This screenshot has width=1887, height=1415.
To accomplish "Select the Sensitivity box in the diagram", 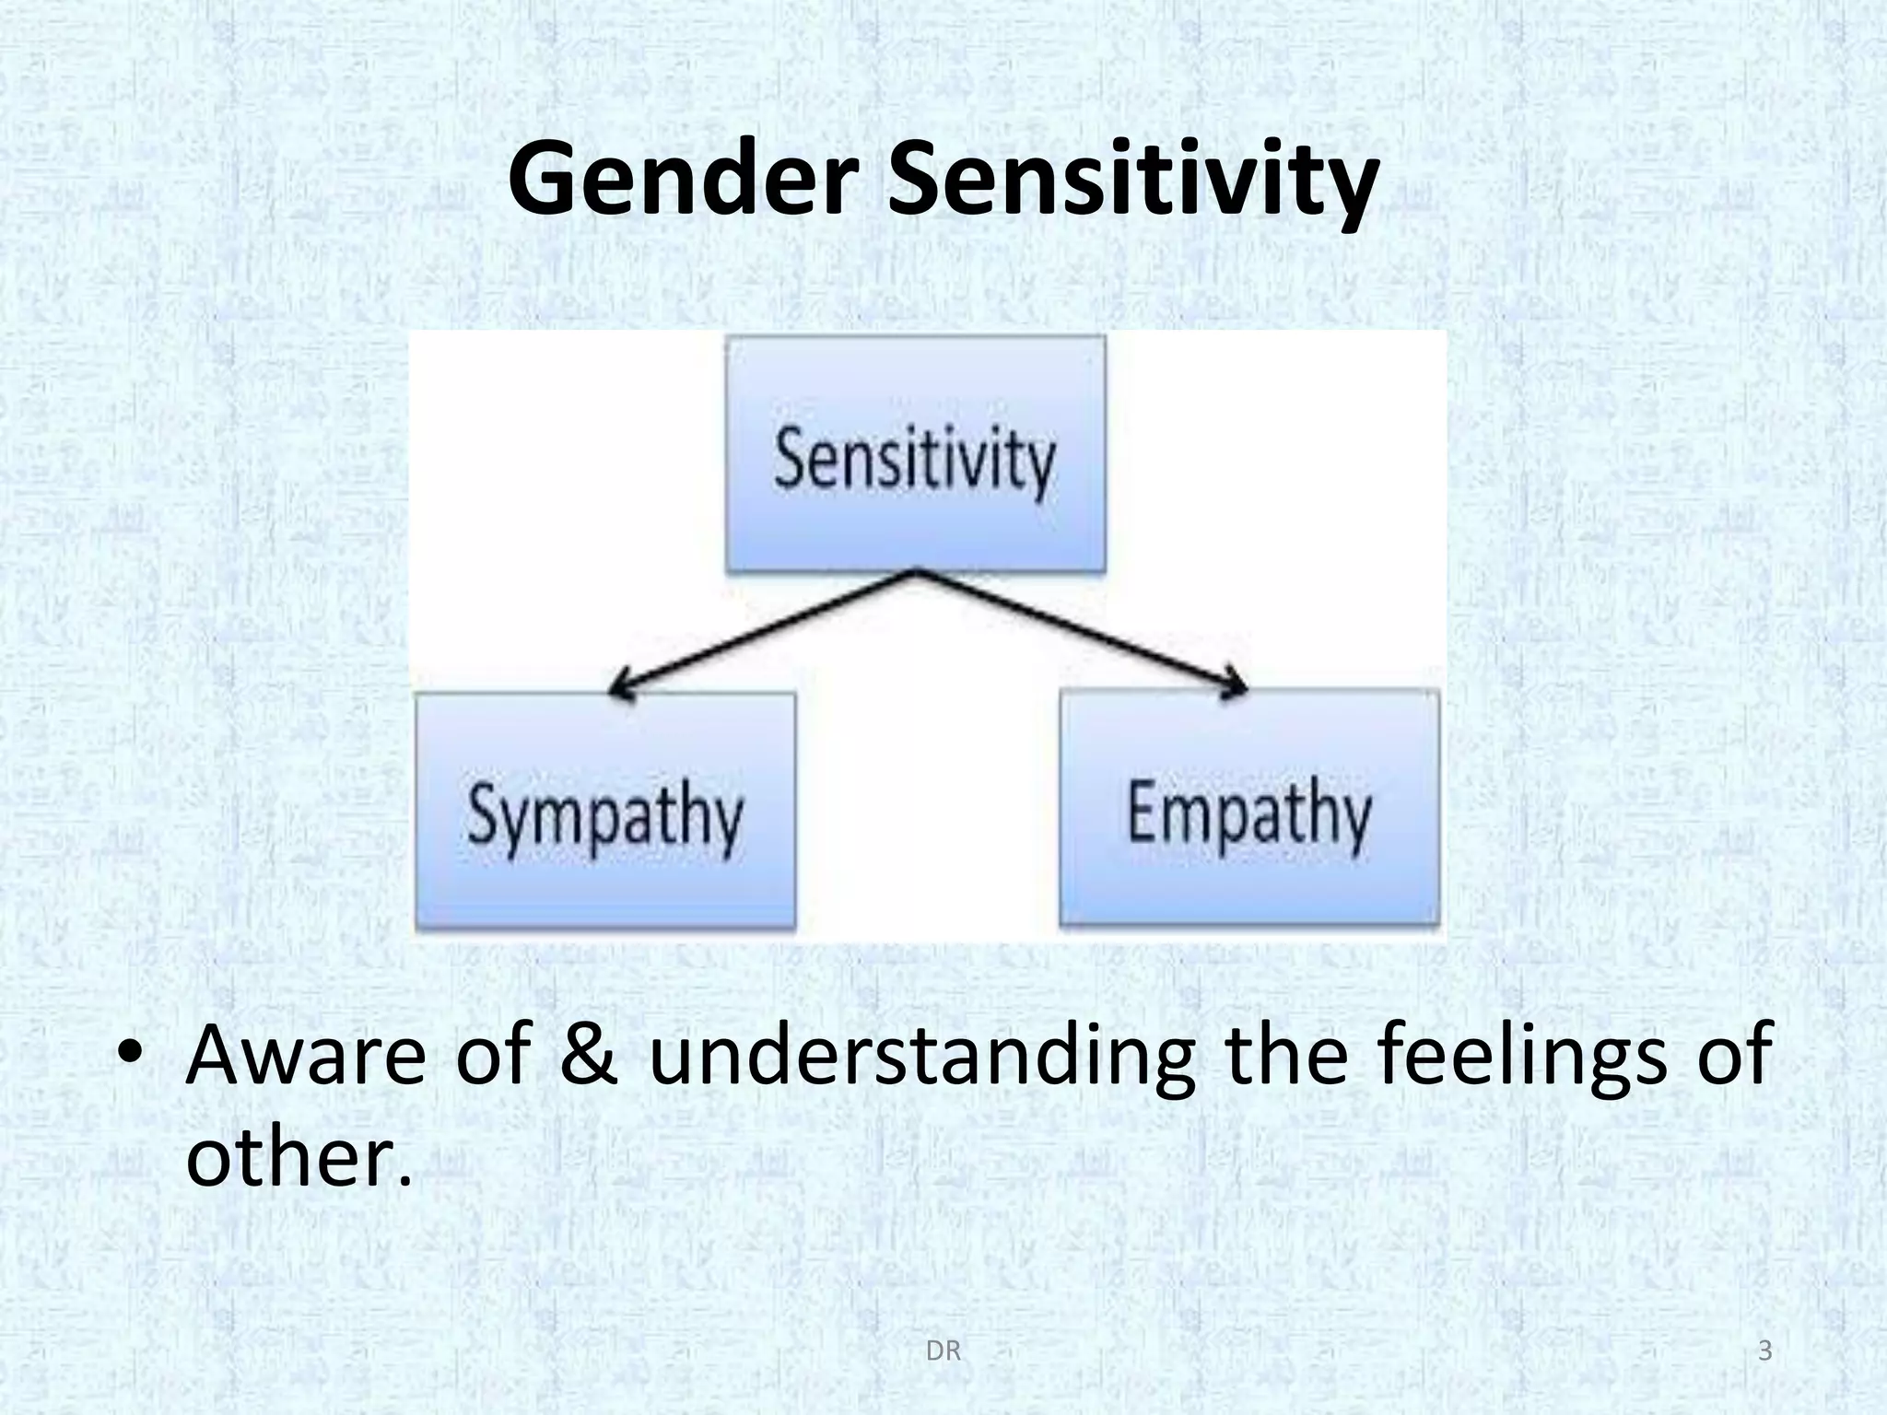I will click(916, 455).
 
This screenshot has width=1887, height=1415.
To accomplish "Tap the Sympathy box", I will click(605, 812).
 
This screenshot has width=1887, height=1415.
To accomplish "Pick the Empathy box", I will click(1249, 808).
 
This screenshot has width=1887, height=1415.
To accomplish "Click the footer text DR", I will click(943, 1351).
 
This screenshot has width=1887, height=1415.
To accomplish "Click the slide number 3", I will click(1764, 1351).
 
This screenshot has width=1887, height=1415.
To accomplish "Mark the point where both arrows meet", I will click(916, 572).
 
